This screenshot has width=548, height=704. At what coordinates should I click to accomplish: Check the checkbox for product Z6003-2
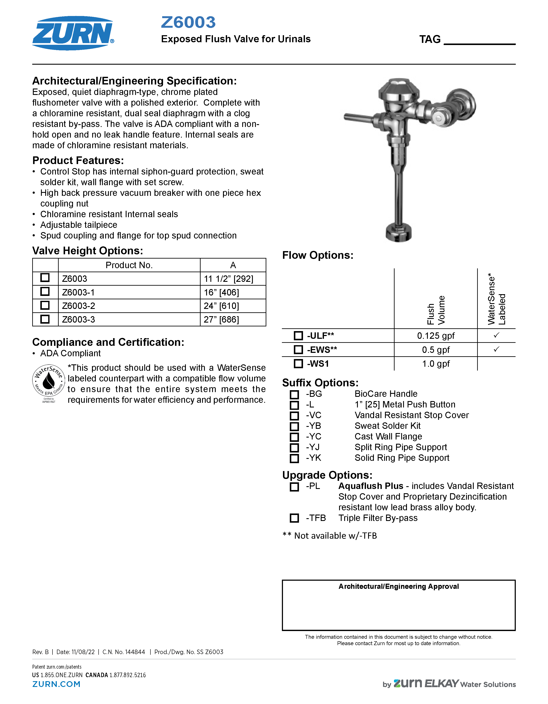(x=45, y=305)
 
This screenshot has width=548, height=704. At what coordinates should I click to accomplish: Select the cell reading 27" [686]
(x=222, y=319)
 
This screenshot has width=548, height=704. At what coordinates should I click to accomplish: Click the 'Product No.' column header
(x=129, y=265)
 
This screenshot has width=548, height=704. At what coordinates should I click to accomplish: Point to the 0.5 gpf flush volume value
(x=436, y=350)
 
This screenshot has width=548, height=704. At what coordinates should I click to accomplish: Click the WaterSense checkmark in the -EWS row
(x=496, y=349)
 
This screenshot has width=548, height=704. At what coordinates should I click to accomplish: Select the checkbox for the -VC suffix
(x=294, y=416)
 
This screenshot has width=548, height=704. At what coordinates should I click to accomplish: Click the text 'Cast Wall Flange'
(x=388, y=436)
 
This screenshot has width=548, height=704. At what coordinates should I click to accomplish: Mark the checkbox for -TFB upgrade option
(x=294, y=518)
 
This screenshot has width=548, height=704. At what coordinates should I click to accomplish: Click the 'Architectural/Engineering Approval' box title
(x=398, y=586)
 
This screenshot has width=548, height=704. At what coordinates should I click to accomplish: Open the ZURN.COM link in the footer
(x=56, y=684)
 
